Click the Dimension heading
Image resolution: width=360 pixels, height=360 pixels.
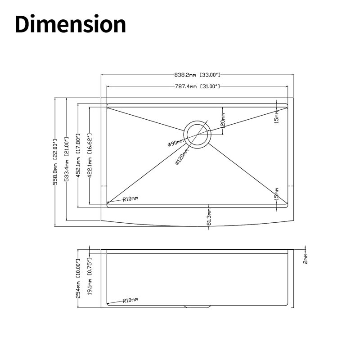tap(71, 24)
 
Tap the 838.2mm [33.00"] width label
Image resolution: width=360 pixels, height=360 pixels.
tap(198, 75)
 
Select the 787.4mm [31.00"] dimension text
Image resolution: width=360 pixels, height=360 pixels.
tap(198, 86)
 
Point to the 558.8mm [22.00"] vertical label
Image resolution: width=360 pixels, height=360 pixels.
tap(55, 162)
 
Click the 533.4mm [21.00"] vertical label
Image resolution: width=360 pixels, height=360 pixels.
tap(67, 159)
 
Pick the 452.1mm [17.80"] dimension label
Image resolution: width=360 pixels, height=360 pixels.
tap(78, 156)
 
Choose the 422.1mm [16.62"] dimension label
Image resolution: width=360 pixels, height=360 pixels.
tap(90, 156)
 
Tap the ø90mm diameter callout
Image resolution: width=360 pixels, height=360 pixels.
tap(175, 143)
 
